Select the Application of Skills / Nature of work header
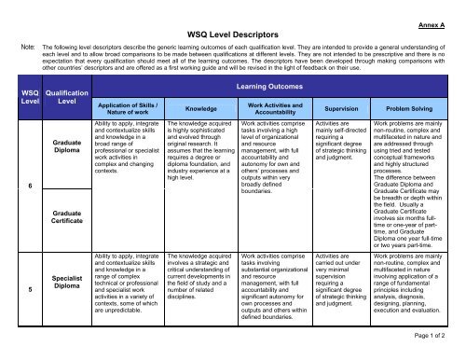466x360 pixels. (130, 108)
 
